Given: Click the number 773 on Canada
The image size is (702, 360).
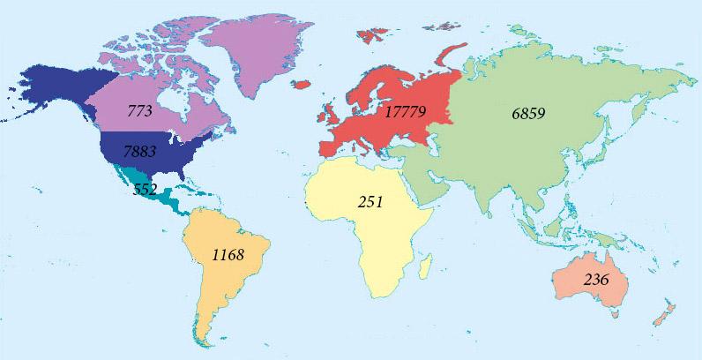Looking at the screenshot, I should (139, 112).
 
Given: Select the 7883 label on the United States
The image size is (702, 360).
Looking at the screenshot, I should (139, 152).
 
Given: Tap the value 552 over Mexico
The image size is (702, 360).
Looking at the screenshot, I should (145, 188).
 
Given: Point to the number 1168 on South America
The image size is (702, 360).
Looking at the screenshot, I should (228, 254).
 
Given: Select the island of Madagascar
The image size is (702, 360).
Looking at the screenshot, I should (424, 264).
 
